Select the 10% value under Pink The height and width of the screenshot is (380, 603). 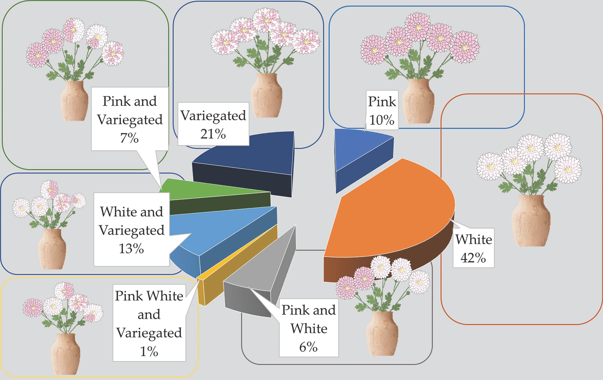[382, 120]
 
